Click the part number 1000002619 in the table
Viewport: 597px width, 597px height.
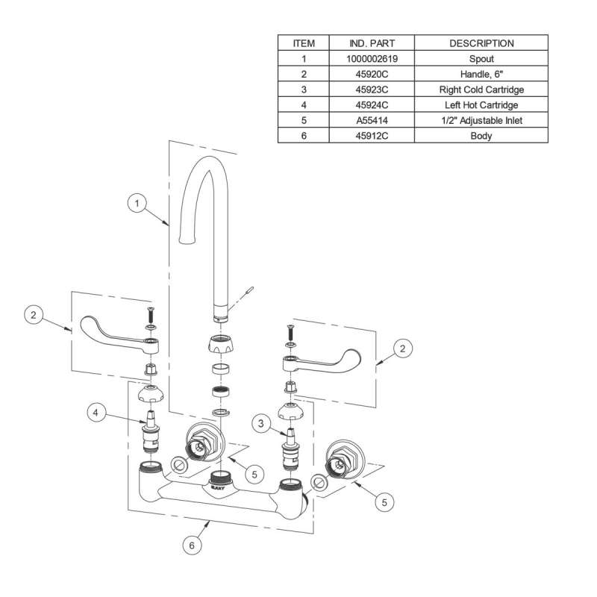point(372,59)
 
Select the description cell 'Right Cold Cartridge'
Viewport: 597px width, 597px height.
point(481,90)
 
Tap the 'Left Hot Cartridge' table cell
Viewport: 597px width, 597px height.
point(481,104)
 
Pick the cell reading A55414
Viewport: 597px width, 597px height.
point(372,120)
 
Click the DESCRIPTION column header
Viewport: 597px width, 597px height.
point(481,43)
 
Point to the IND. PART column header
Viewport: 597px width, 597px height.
point(372,43)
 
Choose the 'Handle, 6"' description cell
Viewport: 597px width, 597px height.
point(481,74)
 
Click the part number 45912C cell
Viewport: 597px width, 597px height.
point(372,136)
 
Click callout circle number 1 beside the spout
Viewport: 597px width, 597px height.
point(137,203)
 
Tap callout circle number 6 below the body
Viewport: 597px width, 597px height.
point(192,546)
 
